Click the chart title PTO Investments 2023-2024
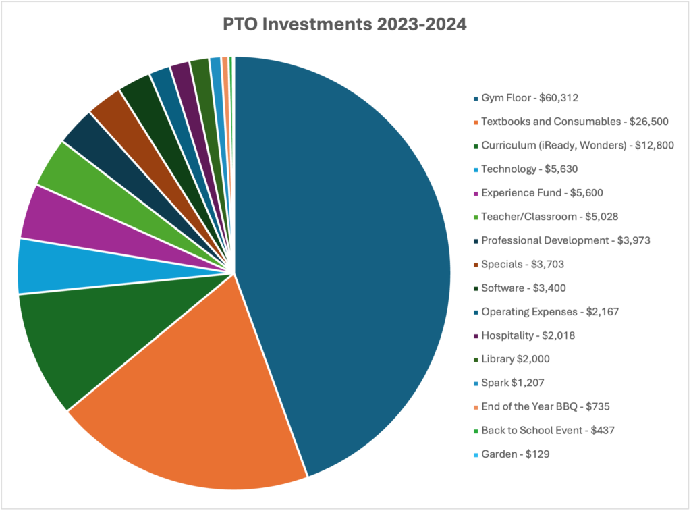(x=345, y=24)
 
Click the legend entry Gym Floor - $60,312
(x=530, y=98)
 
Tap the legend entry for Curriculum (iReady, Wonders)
(x=577, y=145)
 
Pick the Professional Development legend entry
(x=565, y=240)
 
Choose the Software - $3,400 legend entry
(x=524, y=288)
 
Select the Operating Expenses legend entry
(x=550, y=312)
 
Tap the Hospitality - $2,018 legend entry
(x=528, y=335)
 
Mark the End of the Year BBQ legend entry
(x=546, y=406)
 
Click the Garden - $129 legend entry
(x=515, y=454)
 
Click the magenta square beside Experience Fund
(x=476, y=193)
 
